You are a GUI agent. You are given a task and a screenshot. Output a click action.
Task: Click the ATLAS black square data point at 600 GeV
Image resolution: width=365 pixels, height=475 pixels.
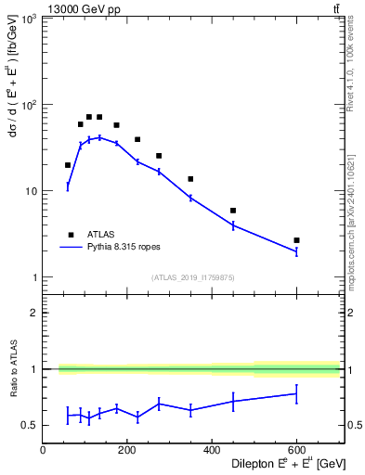(x=296, y=240)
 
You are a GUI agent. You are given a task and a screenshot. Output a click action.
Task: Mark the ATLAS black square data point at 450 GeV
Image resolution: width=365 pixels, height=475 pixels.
(x=233, y=211)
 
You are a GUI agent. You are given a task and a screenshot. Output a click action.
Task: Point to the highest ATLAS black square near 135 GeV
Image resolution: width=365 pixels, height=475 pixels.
(x=99, y=117)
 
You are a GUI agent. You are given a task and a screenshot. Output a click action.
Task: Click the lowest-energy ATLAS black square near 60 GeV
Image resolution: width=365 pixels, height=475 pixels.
(x=68, y=165)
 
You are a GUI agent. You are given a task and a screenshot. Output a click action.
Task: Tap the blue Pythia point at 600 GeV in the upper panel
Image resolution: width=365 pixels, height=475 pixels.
(x=296, y=251)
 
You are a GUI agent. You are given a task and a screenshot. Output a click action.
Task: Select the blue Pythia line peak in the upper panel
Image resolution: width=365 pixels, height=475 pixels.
(x=99, y=137)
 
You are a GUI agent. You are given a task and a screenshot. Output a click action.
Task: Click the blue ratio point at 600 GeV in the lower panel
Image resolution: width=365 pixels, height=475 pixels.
(x=296, y=393)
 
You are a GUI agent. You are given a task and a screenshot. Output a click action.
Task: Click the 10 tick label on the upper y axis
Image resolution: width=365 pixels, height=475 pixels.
(x=31, y=192)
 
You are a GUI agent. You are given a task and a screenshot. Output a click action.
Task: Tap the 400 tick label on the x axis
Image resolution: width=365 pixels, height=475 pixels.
(x=212, y=449)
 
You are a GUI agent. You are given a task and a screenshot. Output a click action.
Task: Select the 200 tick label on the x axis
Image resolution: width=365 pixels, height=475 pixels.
(x=127, y=449)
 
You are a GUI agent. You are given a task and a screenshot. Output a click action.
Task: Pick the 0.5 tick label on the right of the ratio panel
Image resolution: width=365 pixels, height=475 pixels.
(x=353, y=426)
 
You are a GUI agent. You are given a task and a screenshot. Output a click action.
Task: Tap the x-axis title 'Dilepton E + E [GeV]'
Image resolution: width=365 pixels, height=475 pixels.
(x=276, y=464)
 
